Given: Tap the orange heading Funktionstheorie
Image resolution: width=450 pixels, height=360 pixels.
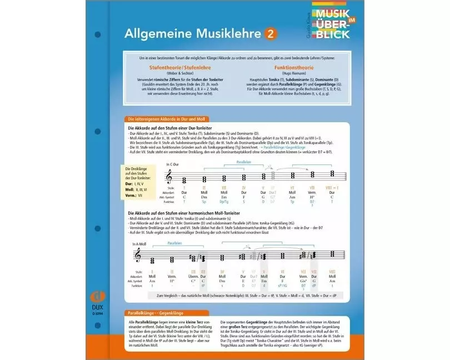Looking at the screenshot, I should click(291, 68).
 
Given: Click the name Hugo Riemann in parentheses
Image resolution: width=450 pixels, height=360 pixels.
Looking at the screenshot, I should click(291, 74).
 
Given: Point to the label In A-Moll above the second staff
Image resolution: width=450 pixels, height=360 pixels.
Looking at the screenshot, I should click(139, 244).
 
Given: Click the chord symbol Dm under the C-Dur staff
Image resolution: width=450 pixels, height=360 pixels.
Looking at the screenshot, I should click(204, 197).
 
